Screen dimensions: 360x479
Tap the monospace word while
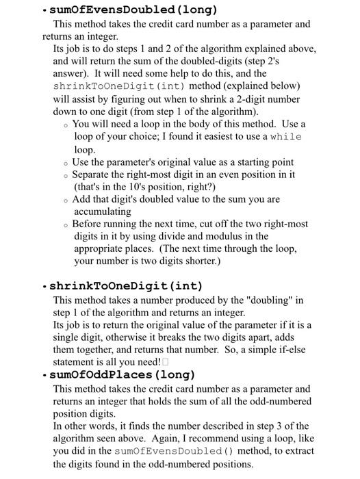click(x=285, y=137)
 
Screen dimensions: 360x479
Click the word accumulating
click(x=103, y=211)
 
